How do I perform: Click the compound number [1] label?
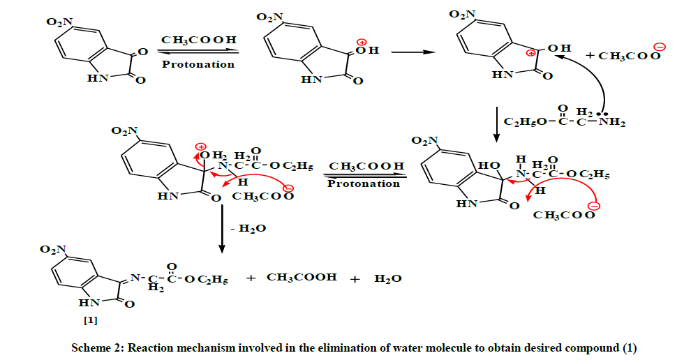(90, 321)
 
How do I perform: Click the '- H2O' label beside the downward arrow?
(248, 228)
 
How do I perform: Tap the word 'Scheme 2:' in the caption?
(98, 347)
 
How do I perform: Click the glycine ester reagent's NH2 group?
(612, 122)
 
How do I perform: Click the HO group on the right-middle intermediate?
(489, 165)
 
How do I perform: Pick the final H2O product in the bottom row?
(388, 278)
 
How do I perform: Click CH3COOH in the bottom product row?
(302, 277)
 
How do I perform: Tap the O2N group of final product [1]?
(53, 249)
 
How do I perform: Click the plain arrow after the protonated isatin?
(413, 52)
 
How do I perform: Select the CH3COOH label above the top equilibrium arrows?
(199, 40)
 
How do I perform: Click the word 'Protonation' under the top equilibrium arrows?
(198, 64)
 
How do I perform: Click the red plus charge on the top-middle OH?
(362, 43)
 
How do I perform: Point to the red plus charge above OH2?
(201, 147)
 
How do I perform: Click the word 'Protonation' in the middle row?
(364, 183)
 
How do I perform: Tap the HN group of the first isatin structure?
(98, 78)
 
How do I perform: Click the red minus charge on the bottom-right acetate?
(595, 207)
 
